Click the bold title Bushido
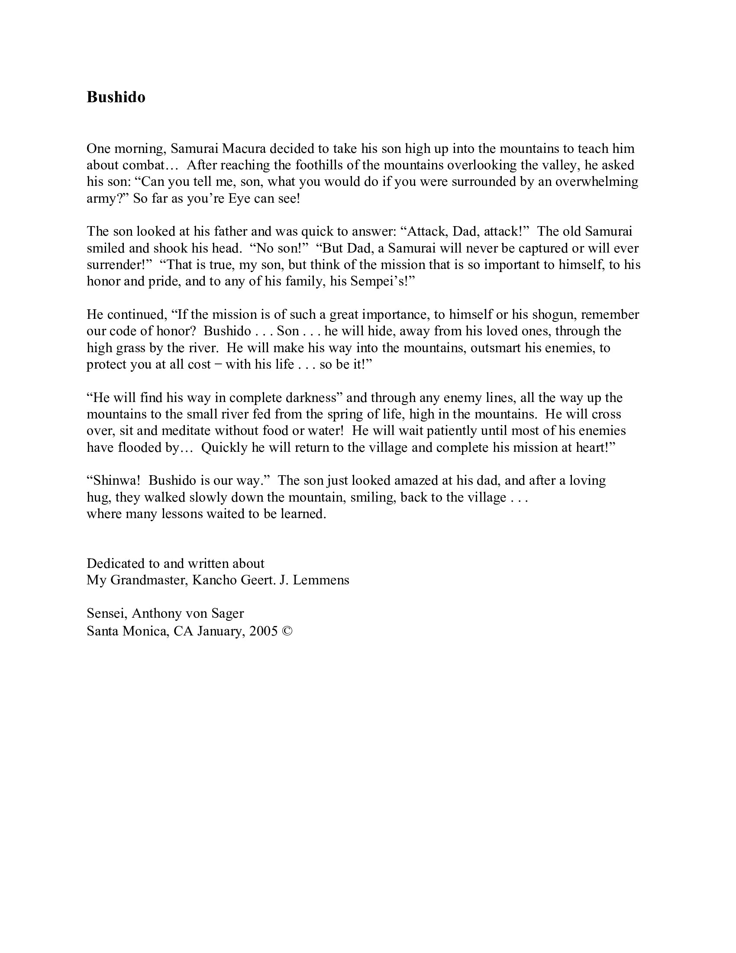click(x=116, y=97)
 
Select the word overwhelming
click(x=597, y=182)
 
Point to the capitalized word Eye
click(x=238, y=198)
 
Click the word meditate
click(x=186, y=431)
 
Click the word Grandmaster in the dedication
click(x=149, y=580)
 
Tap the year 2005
click(x=263, y=631)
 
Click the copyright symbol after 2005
click(x=287, y=631)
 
